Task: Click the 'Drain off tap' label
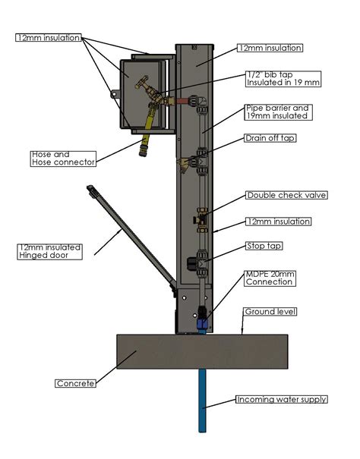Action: (270, 138)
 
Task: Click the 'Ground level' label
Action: (270, 312)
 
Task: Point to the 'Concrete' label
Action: (75, 383)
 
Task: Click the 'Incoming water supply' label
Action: (281, 399)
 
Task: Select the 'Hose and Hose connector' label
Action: (63, 159)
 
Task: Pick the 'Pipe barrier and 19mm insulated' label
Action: (276, 112)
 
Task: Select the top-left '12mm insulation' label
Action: (47, 37)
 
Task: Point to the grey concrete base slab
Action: (201, 351)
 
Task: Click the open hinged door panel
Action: (128, 236)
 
